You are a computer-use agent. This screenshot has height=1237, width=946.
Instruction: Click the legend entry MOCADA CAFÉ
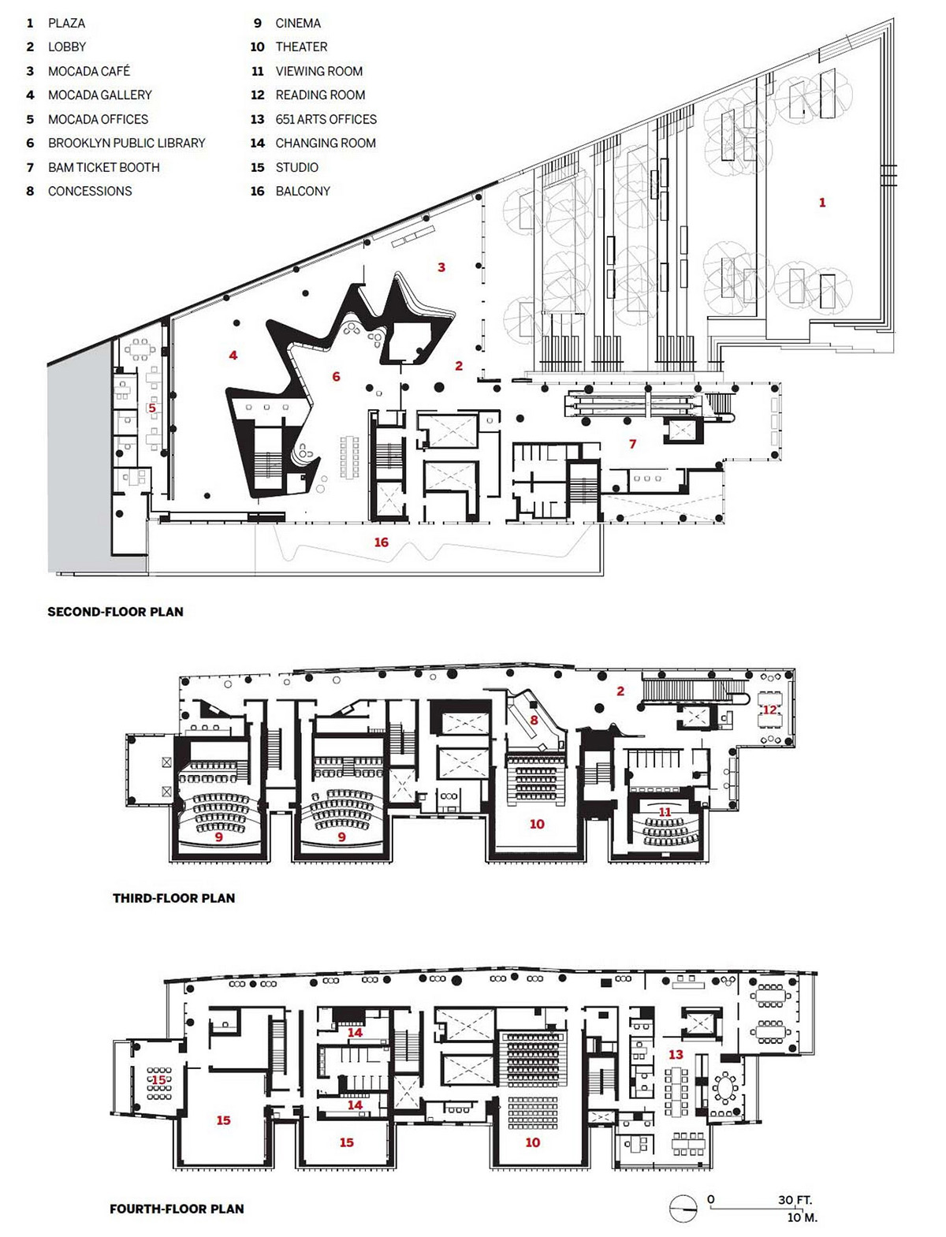[89, 71]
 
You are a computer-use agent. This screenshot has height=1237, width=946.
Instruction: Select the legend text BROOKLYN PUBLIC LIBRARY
[127, 143]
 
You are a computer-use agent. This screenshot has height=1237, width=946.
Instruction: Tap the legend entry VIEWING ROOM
[319, 71]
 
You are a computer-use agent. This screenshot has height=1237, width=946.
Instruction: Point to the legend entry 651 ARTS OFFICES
[326, 119]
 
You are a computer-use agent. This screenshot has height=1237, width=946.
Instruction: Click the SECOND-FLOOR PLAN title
[116, 612]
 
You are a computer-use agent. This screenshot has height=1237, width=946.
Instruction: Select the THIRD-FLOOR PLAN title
[174, 898]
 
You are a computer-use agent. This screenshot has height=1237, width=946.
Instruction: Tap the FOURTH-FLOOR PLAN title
[177, 1209]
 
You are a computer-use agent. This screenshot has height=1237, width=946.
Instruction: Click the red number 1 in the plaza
[822, 203]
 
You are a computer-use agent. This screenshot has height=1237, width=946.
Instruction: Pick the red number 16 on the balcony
[382, 542]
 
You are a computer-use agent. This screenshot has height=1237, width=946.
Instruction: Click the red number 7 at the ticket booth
[633, 444]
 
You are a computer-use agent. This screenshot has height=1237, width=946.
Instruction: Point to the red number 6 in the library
[337, 376]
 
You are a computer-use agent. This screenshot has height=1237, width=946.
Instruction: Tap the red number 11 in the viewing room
[665, 812]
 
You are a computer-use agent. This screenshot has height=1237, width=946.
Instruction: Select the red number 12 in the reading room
[769, 710]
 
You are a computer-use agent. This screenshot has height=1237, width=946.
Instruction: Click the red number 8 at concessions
[534, 720]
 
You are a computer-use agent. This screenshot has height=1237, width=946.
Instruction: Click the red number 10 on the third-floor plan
[537, 824]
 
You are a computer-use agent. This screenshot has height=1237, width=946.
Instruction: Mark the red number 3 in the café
[441, 267]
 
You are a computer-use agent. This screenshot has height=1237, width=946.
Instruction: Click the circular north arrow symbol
[683, 1209]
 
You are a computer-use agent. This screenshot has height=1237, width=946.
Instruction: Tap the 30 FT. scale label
[795, 1200]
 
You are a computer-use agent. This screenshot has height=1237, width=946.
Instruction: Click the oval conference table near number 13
[725, 1085]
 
